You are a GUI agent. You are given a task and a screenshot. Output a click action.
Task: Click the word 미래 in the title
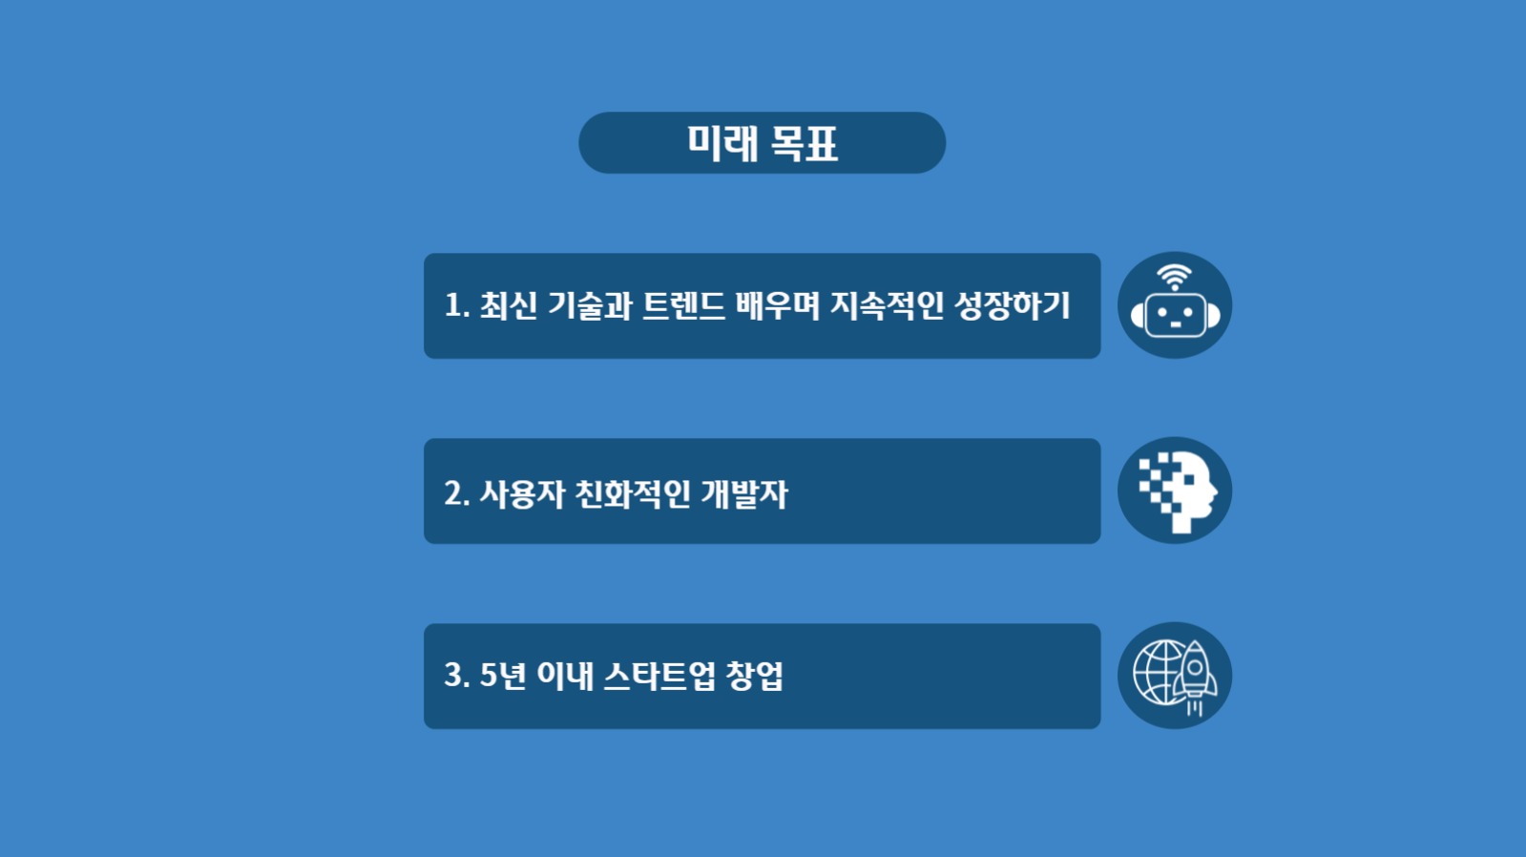point(722,144)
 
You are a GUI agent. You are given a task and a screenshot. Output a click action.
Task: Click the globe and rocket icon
point(1174,676)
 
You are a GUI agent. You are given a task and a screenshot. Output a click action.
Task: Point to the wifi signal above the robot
point(1174,278)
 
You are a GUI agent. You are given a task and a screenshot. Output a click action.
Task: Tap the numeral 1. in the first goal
point(456,305)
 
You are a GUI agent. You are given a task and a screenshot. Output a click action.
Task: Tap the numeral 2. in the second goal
point(456,493)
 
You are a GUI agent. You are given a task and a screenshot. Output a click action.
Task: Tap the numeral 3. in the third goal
point(456,676)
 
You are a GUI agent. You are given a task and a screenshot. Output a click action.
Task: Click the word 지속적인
point(887,305)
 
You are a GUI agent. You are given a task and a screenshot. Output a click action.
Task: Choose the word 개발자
point(744,493)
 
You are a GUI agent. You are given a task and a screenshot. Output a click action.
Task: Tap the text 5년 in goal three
point(502,676)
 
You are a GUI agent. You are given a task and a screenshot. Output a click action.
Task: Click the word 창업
point(755,676)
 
